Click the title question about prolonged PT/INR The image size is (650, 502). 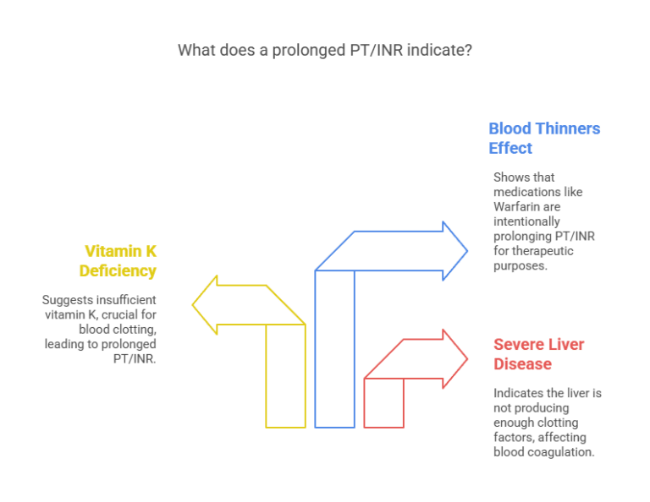[x=325, y=50]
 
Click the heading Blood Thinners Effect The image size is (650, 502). [x=543, y=139]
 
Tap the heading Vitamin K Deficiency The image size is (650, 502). [x=118, y=260]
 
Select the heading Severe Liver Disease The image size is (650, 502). [x=538, y=354]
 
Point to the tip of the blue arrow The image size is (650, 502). [x=466, y=250]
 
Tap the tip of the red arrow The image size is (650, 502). [x=466, y=359]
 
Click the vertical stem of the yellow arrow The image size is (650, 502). [x=285, y=376]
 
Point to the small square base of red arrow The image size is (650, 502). [x=383, y=402]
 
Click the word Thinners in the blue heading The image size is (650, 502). [x=570, y=128]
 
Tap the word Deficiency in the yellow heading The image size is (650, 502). [x=118, y=270]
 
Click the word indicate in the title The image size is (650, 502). [x=435, y=50]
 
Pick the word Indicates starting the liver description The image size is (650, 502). [x=519, y=393]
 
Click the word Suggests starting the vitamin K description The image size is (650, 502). [x=67, y=299]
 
